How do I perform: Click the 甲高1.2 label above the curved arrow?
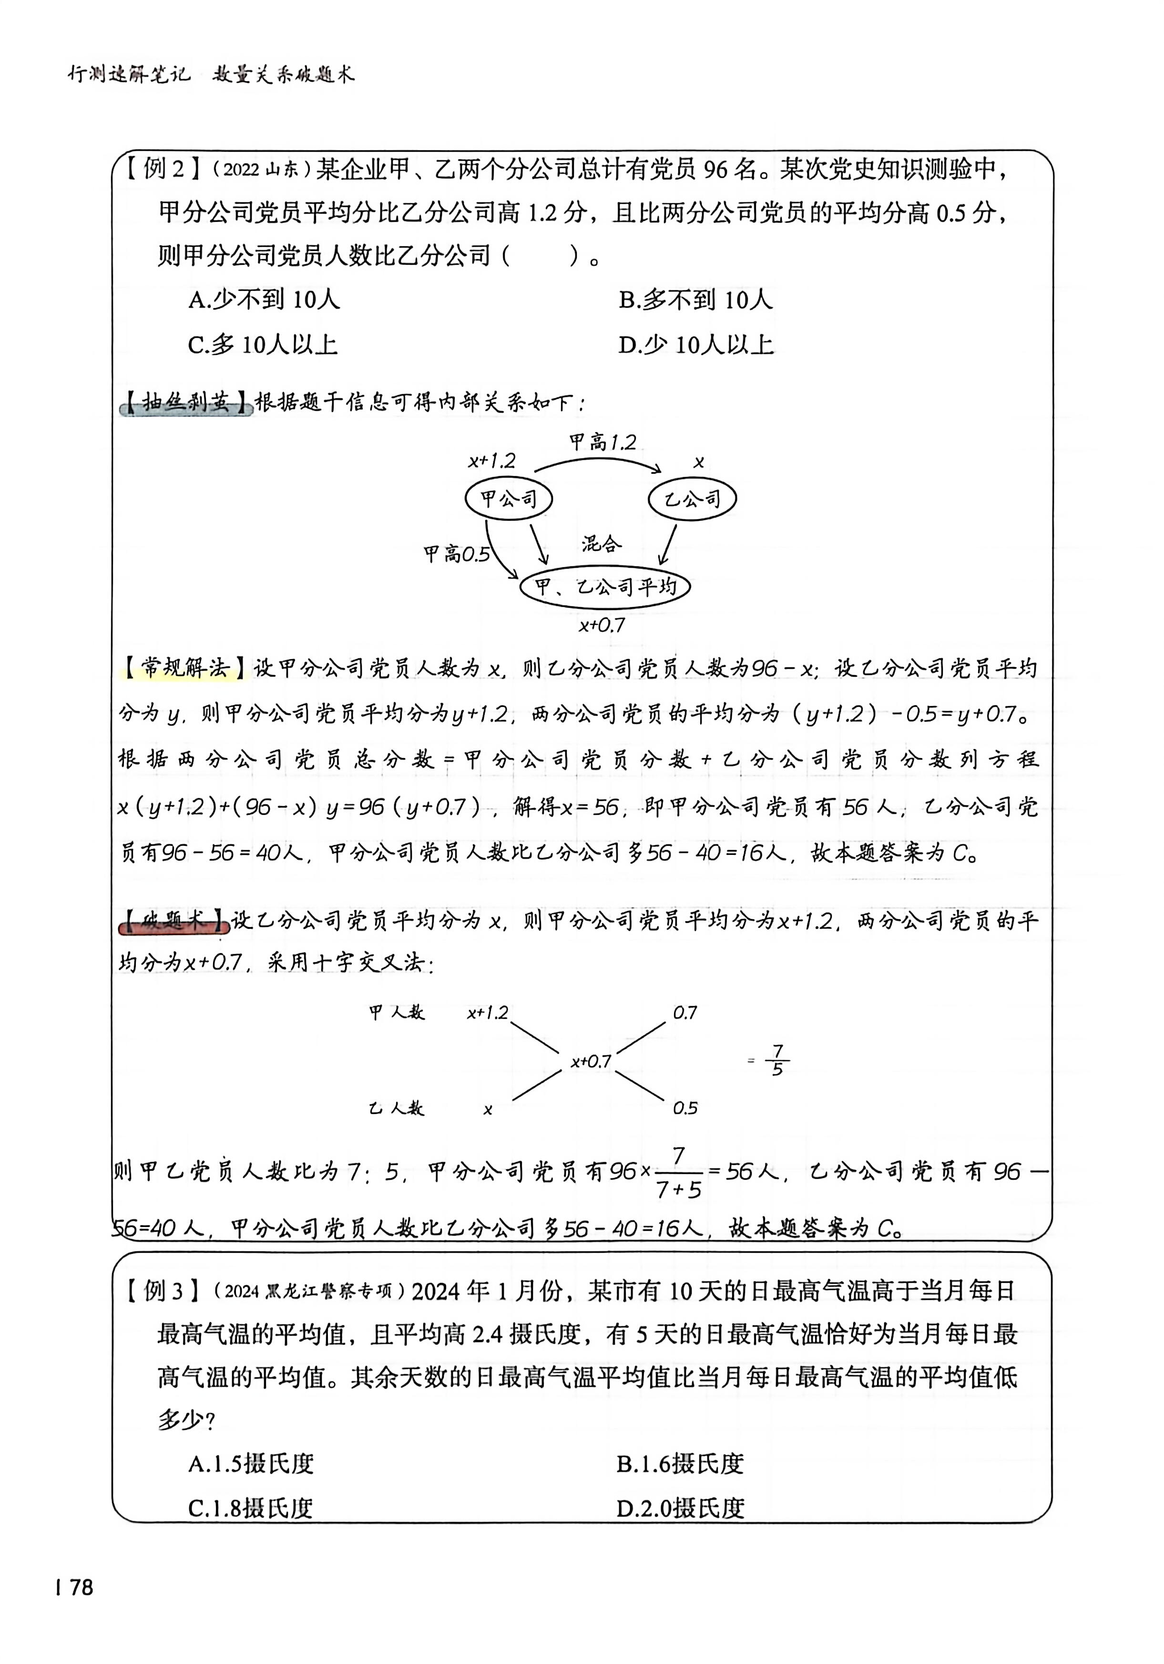pyautogui.click(x=602, y=442)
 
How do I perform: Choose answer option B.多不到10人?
pyautogui.click(x=695, y=300)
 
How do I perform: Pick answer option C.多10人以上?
pyautogui.click(x=263, y=345)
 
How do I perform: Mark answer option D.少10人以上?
pyautogui.click(x=695, y=345)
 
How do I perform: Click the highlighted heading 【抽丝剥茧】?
pyautogui.click(x=185, y=403)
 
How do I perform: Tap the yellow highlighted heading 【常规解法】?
pyautogui.click(x=184, y=667)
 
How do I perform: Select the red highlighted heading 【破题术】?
pyautogui.click(x=174, y=922)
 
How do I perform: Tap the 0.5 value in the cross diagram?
pyautogui.click(x=684, y=1108)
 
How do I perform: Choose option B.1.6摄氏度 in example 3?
pyautogui.click(x=680, y=1464)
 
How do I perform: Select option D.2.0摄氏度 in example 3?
pyautogui.click(x=680, y=1508)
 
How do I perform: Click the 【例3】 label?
pyautogui.click(x=163, y=1291)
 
